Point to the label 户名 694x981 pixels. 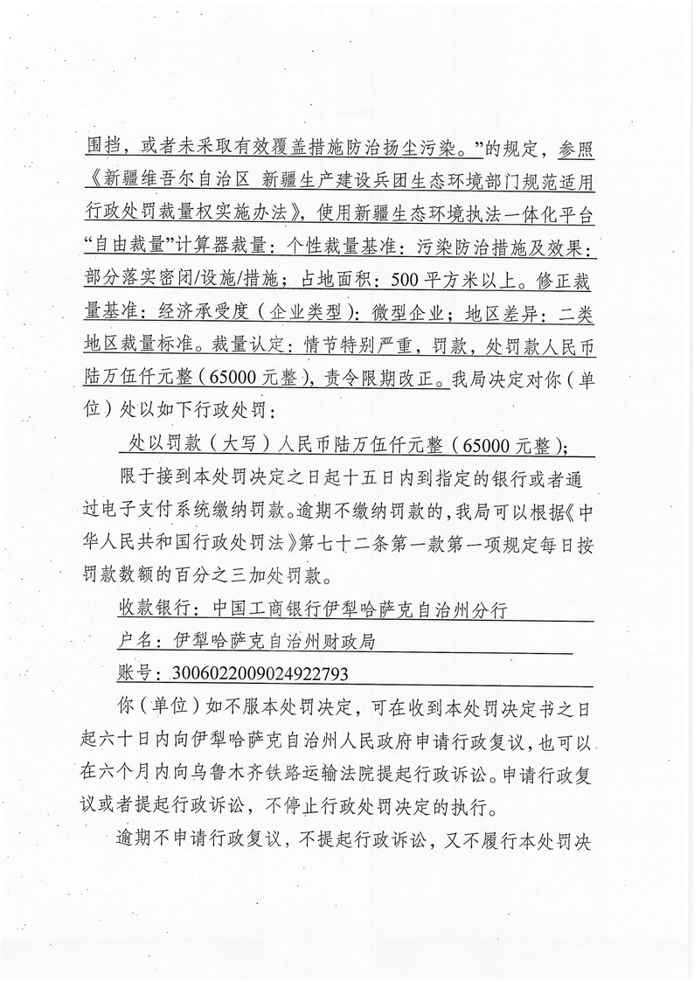135,640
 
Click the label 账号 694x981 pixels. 135,672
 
